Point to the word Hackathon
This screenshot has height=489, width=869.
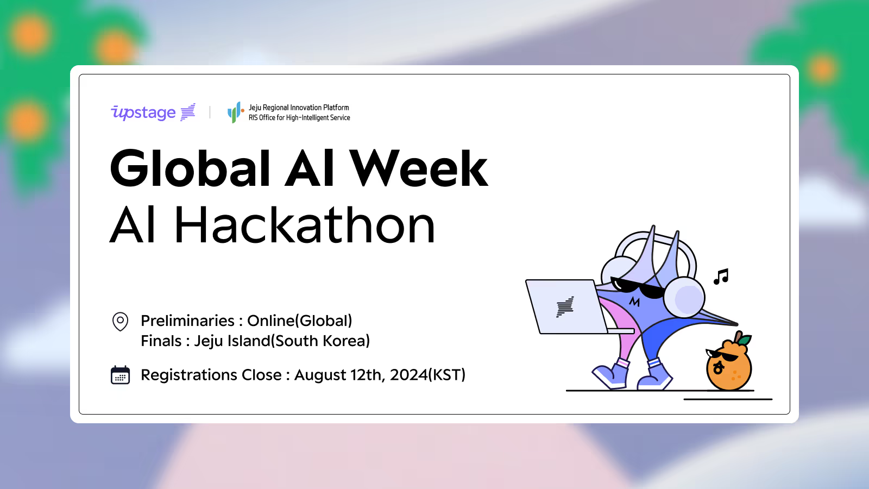pos(305,225)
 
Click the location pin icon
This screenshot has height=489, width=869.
pos(120,321)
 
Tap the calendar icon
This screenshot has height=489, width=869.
pos(120,375)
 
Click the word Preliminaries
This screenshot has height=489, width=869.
pos(187,321)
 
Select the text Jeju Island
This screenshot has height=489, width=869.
pos(232,341)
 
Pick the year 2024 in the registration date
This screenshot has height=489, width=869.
pos(408,375)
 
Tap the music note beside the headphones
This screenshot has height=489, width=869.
pos(721,277)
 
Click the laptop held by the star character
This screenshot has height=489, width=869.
pos(566,306)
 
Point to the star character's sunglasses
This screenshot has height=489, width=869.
pos(638,287)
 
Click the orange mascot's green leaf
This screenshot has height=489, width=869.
pos(745,340)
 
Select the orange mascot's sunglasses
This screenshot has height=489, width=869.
pos(721,355)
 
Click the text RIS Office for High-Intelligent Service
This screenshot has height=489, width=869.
pos(299,117)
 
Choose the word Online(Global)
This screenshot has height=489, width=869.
pos(299,321)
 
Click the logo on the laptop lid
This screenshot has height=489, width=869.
pos(565,307)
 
